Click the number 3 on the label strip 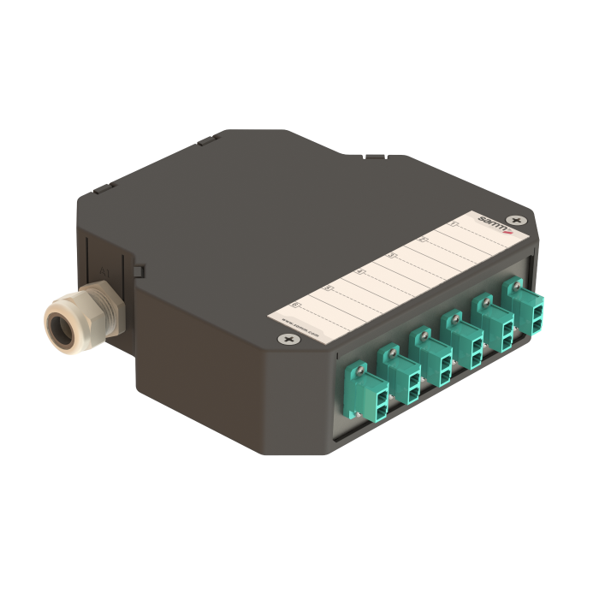[392, 255]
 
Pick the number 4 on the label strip [360, 271]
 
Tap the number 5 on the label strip [328, 288]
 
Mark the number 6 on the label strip [296, 304]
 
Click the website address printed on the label [299, 329]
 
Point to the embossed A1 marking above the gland [104, 273]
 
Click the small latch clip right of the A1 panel [137, 271]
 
